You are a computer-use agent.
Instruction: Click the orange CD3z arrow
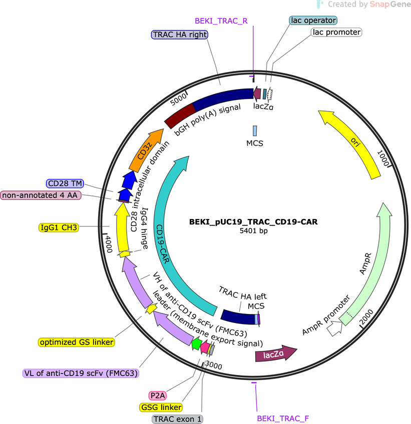[146, 151]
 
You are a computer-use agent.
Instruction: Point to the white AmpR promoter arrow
[334, 327]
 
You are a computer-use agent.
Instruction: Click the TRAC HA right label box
[180, 34]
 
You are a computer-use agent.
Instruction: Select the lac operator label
[313, 20]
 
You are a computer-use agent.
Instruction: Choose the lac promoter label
[336, 32]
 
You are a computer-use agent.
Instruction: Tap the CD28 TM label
[65, 183]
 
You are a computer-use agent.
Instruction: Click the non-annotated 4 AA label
[41, 195]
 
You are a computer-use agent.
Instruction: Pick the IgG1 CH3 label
[59, 227]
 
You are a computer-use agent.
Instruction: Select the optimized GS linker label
[77, 342]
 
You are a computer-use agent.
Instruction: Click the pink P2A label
[158, 395]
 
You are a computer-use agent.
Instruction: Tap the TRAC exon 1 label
[177, 419]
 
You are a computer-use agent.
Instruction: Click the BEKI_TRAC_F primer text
[283, 418]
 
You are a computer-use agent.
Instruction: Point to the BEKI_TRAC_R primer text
[221, 21]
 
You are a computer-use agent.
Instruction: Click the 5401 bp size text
[253, 230]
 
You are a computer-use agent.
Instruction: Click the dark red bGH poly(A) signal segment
[180, 116]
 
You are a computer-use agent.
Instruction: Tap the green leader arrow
[197, 343]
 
